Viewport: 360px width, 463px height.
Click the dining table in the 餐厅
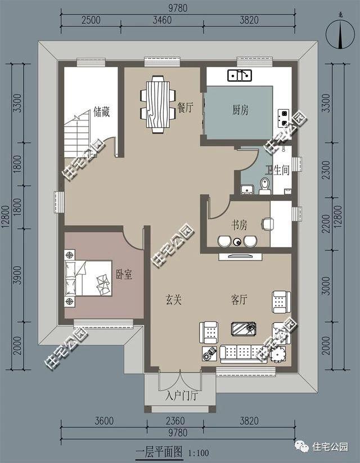pyautogui.click(x=158, y=104)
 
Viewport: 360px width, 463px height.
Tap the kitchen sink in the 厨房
pyautogui.click(x=240, y=75)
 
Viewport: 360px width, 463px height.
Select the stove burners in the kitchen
pyautogui.click(x=283, y=118)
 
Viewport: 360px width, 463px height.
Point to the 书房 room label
pyautogui.click(x=239, y=225)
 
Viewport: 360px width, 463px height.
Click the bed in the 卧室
pyautogui.click(x=88, y=278)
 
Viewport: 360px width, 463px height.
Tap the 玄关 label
pyautogui.click(x=173, y=300)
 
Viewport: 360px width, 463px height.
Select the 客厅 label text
pyautogui.click(x=238, y=300)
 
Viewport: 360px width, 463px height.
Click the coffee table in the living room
pyautogui.click(x=244, y=329)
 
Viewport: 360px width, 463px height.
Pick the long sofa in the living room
pyautogui.click(x=244, y=354)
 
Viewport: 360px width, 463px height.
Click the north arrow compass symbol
pyautogui.click(x=340, y=34)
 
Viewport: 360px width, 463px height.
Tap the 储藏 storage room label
pyautogui.click(x=102, y=112)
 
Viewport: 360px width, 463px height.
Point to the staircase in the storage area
pyautogui.click(x=78, y=134)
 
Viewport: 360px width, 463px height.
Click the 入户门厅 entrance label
pyautogui.click(x=181, y=395)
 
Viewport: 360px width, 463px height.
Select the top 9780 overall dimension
pyautogui.click(x=178, y=8)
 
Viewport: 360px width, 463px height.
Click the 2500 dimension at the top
pyautogui.click(x=91, y=20)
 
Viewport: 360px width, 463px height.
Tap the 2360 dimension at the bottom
pyautogui.click(x=175, y=421)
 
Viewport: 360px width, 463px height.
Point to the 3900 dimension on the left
pyautogui.click(x=18, y=275)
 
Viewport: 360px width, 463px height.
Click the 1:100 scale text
pyautogui.click(x=199, y=453)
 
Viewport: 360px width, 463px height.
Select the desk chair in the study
pyautogui.click(x=267, y=223)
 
